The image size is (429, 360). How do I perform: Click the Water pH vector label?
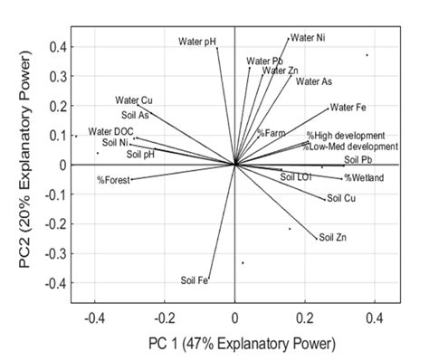[x=196, y=41]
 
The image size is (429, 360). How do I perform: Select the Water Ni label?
[x=308, y=38]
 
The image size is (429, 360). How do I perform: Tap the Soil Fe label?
[x=195, y=280]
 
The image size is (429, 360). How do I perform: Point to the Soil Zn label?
[x=331, y=238]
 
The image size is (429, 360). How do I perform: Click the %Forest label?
[x=113, y=180]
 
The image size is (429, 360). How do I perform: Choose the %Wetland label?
[x=364, y=177]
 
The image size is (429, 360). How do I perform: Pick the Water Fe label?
[x=348, y=108]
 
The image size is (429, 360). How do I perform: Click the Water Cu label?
[x=134, y=99]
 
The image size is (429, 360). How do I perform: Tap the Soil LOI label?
[x=296, y=177]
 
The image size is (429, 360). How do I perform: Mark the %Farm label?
[x=271, y=133]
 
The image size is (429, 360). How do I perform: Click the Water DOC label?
[x=110, y=132]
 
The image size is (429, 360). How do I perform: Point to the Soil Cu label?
[x=340, y=197]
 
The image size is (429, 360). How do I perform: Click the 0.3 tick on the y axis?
[x=56, y=76]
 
